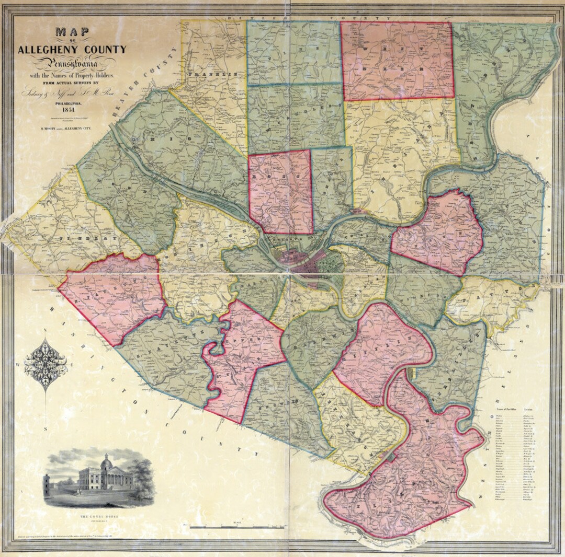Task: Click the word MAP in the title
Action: pyautogui.click(x=72, y=31)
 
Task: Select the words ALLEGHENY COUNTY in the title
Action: pyautogui.click(x=72, y=50)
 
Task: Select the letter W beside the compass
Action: pyautogui.click(x=18, y=364)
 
